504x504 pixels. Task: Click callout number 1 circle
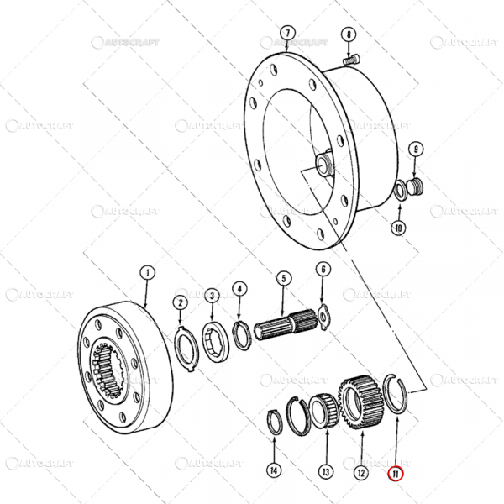point(146,273)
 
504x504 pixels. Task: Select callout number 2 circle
point(180,302)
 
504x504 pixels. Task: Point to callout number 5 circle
point(283,278)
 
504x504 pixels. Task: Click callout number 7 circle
point(287,34)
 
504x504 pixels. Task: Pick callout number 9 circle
point(415,150)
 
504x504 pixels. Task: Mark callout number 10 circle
point(399,227)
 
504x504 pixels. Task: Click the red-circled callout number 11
point(396,473)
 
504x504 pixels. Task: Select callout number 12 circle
point(360,473)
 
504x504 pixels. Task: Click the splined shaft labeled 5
point(286,323)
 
